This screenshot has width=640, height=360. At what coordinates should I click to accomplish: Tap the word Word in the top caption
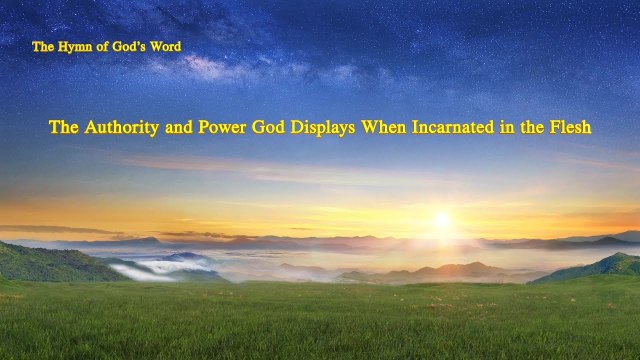click(163, 47)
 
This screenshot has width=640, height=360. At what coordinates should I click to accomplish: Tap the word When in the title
click(391, 128)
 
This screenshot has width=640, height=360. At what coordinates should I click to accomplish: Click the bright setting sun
click(441, 220)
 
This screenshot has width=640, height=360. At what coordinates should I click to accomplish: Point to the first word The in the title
click(64, 128)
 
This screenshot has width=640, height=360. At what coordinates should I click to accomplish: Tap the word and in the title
click(178, 128)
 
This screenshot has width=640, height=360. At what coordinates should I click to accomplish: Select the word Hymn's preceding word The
click(42, 47)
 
